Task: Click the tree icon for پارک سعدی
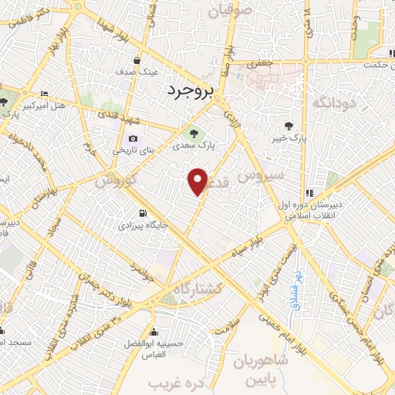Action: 193,132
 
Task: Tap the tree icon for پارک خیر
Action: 289,125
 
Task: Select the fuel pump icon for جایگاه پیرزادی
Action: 142,214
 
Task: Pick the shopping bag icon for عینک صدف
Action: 137,59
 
